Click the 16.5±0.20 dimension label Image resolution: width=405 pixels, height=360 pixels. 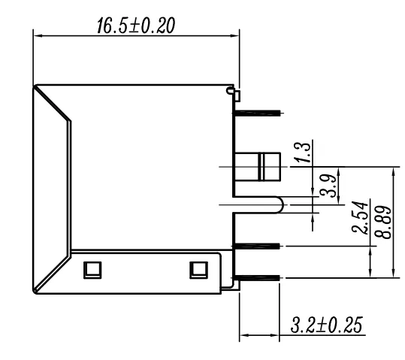(x=136, y=26)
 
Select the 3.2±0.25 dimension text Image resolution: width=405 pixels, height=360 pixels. (x=327, y=325)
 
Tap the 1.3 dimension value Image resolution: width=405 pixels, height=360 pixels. (x=303, y=153)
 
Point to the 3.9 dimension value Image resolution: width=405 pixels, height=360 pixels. (x=328, y=186)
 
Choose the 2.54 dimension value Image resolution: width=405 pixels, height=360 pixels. (x=360, y=218)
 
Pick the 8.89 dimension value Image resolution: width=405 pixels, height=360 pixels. (x=382, y=222)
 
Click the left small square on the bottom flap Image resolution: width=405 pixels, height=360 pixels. (x=92, y=271)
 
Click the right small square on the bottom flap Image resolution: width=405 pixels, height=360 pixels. (x=198, y=271)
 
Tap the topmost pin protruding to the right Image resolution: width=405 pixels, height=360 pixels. (x=257, y=113)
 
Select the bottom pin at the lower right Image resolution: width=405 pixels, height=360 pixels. (x=258, y=278)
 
